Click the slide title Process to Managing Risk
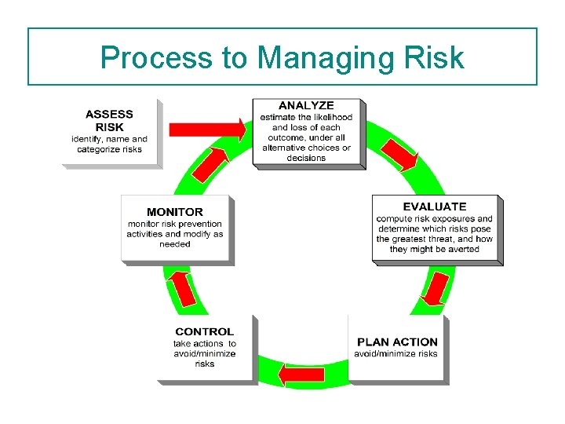282,57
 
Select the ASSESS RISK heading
109,120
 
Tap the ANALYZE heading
306,105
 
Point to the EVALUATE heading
434,207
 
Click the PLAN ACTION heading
397,342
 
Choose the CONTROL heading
204,331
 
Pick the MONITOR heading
174,212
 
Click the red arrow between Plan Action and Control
302,375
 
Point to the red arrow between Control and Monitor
183,288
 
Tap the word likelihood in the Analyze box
330,117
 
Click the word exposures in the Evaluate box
448,219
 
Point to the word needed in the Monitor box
174,244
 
